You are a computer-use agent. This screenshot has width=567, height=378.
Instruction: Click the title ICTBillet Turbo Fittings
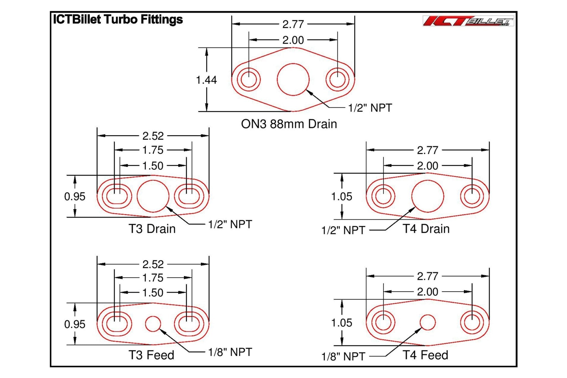point(118,19)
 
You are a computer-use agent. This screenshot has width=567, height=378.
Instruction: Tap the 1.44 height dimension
point(206,80)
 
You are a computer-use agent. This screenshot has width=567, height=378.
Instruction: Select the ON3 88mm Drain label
point(289,124)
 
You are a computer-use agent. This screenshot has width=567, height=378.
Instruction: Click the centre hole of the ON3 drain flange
point(293,79)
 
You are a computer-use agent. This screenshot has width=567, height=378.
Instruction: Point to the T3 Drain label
point(152,229)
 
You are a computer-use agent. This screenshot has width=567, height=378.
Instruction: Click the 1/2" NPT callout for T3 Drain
point(230,224)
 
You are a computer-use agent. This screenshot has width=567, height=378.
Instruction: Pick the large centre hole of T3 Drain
point(153,196)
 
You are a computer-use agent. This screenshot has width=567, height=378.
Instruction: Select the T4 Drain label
point(426,229)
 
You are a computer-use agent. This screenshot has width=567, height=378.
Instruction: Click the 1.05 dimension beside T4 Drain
point(342,196)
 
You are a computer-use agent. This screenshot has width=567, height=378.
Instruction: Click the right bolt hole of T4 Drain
point(472,196)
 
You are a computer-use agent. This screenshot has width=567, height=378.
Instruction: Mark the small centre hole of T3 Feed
point(153,323)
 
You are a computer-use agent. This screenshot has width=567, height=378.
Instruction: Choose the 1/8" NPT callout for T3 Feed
point(230,352)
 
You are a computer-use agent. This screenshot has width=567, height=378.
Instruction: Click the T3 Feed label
point(151,355)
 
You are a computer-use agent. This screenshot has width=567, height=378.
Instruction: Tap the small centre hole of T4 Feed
point(427,322)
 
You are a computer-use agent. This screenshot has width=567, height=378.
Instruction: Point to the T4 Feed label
point(425,355)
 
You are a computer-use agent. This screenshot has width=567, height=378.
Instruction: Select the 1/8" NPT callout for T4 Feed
point(343,356)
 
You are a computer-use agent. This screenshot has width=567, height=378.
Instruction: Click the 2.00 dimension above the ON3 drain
point(293,40)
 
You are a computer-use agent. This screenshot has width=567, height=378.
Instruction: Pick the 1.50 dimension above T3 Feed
point(153,292)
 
